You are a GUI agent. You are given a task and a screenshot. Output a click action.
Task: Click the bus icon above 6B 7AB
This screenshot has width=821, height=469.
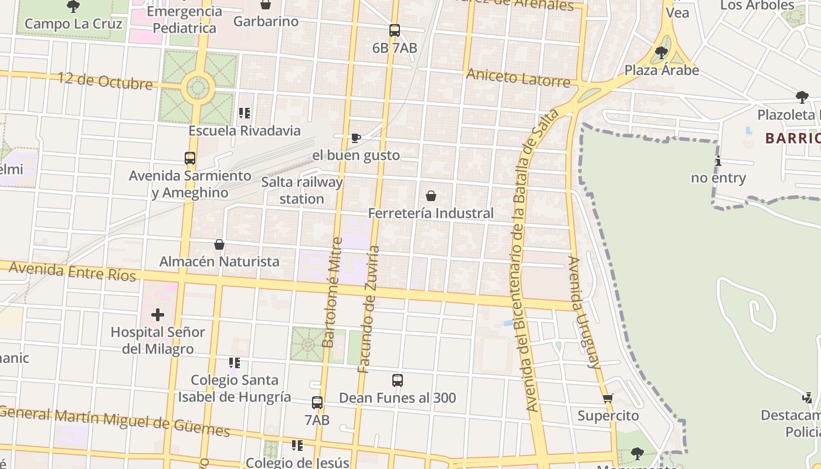click(395, 30)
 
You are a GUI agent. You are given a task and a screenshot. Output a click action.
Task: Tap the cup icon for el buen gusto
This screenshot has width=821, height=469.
click(355, 138)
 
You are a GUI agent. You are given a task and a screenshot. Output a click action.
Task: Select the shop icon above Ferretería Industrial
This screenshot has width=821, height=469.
click(431, 196)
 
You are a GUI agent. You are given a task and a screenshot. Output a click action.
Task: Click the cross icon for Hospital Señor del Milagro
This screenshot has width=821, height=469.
click(158, 315)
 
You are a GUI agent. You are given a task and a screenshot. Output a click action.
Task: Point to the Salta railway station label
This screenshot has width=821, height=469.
click(301, 191)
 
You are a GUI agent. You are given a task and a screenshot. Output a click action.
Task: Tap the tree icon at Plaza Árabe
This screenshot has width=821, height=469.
click(661, 53)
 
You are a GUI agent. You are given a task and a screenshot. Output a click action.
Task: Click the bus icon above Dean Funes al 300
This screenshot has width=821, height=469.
click(398, 380)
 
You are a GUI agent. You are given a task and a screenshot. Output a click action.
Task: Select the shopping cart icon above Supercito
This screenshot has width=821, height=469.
click(608, 399)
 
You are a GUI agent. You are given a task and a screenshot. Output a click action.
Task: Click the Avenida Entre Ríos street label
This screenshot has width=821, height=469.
click(73, 271)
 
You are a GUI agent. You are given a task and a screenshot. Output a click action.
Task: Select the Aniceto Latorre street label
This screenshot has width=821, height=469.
click(518, 77)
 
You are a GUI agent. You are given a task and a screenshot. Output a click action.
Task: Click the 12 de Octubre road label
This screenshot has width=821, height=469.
click(105, 81)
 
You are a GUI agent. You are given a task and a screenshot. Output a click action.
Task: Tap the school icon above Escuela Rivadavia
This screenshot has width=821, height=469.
click(245, 113)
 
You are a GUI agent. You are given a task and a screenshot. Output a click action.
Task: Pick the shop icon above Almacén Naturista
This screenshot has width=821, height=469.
click(219, 244)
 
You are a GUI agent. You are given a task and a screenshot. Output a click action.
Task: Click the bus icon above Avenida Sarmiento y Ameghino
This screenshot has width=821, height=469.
click(190, 158)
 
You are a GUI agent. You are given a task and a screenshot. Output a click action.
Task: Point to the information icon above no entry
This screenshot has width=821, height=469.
click(718, 161)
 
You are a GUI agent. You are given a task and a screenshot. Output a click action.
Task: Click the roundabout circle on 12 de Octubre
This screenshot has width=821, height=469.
click(198, 89)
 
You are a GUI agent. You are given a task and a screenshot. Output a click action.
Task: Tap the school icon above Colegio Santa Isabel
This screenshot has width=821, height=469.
click(235, 363)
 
